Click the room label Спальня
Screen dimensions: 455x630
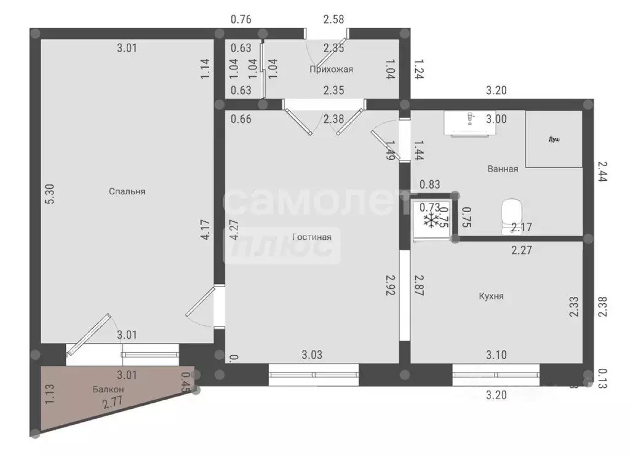[x=127, y=191]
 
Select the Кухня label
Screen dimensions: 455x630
[x=491, y=296]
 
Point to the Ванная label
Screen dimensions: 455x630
[x=503, y=168]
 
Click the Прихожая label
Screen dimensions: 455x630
[x=331, y=69]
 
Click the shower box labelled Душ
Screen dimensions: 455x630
[x=554, y=140]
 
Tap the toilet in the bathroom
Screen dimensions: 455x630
[x=511, y=212]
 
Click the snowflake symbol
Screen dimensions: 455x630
[x=433, y=220]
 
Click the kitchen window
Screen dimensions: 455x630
[x=496, y=374]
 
